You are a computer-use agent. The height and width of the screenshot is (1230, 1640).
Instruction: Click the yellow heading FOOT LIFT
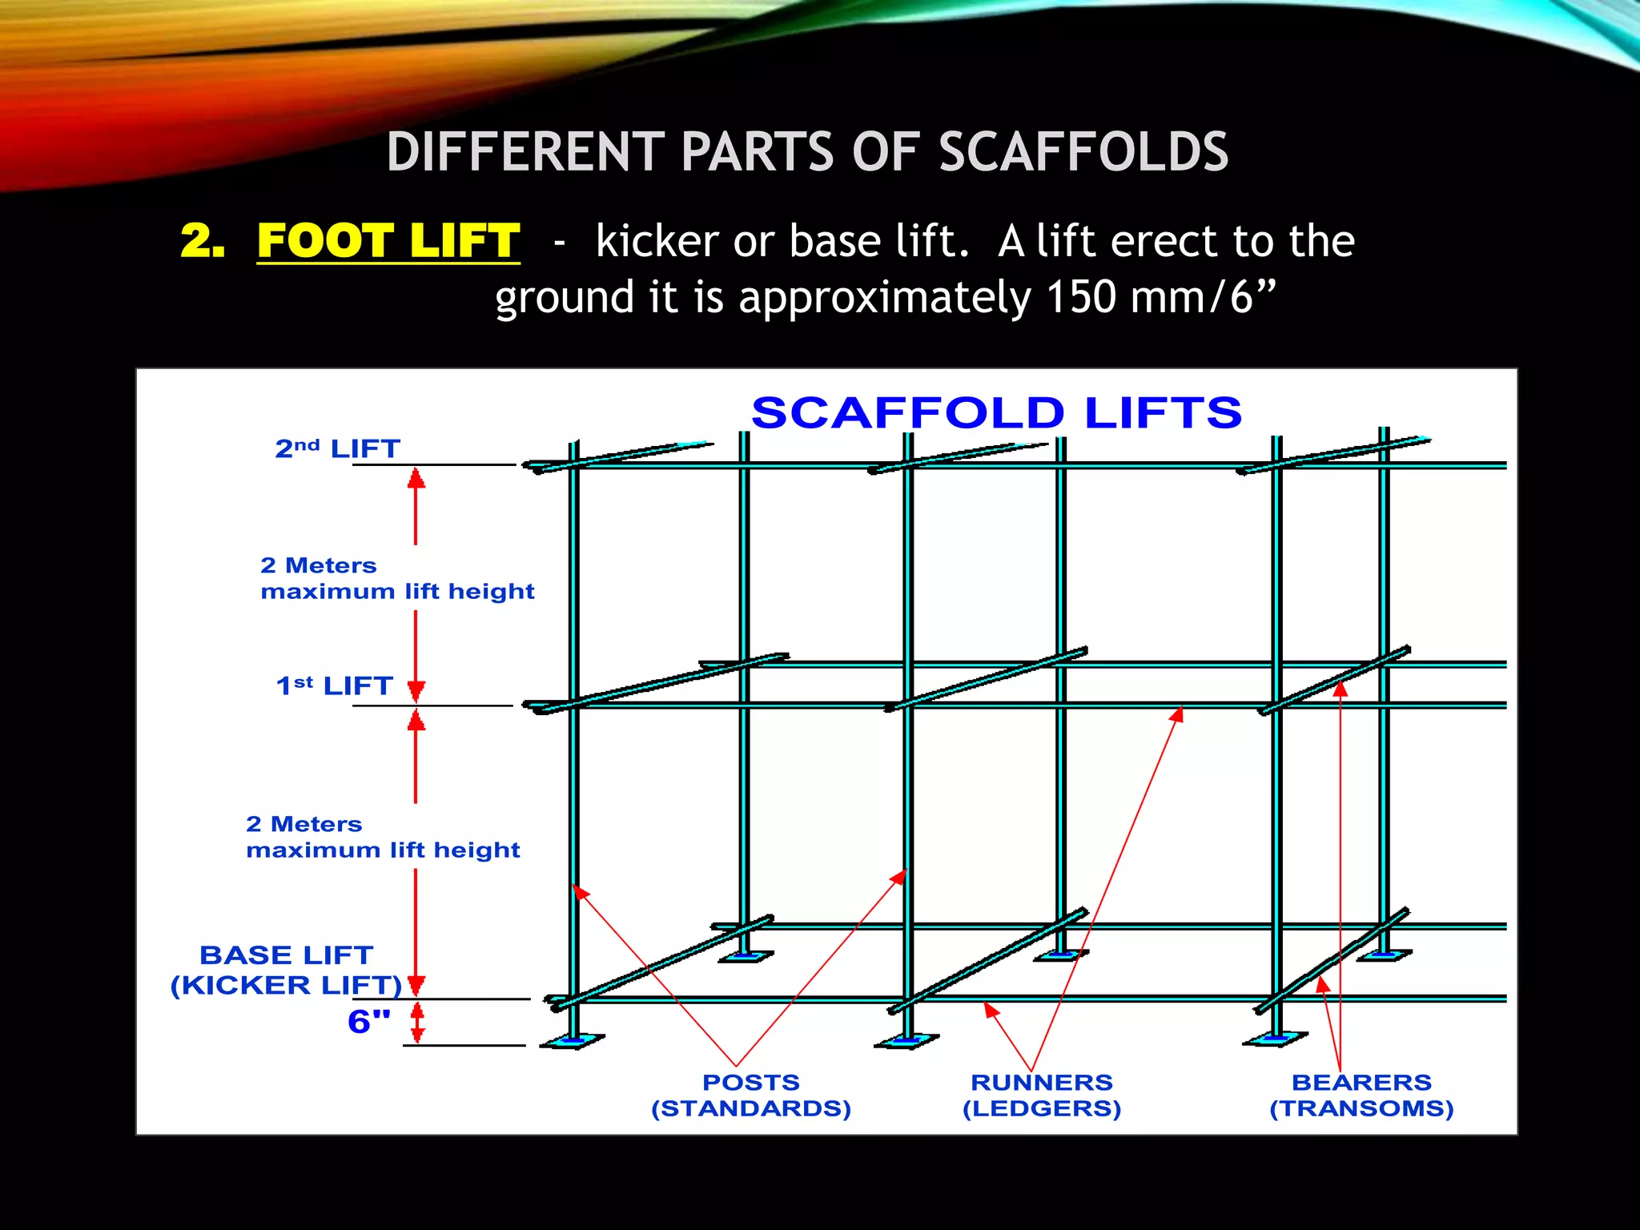point(388,240)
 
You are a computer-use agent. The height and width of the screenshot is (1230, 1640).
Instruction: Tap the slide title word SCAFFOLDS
point(1083,152)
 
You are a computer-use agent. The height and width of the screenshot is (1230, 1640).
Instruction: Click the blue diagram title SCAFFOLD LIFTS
point(996,413)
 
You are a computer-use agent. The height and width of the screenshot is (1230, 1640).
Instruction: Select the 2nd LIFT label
point(337,448)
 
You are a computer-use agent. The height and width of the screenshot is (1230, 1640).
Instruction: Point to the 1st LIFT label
point(334,685)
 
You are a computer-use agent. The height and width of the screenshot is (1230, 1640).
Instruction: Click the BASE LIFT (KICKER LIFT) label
point(287,970)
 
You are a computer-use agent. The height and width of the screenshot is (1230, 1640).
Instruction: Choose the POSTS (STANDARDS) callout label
point(751,1095)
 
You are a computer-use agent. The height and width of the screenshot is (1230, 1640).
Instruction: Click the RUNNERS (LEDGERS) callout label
point(1042,1095)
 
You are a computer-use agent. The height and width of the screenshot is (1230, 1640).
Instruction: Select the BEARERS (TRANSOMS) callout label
point(1361,1095)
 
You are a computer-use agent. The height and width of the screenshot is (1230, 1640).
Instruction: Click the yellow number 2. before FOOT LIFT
point(202,240)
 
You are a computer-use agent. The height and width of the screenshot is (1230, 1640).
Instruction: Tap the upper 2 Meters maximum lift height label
point(397,578)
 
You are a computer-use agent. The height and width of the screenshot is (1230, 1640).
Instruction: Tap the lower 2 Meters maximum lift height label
point(383,837)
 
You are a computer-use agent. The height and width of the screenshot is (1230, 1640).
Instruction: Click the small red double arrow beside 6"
point(416,1023)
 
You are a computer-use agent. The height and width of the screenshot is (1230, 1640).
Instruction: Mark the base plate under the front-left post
point(573,1041)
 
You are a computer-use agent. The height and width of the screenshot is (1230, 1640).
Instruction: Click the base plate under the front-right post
point(1275,1039)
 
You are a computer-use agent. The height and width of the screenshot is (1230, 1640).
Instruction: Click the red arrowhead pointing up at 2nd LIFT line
point(416,478)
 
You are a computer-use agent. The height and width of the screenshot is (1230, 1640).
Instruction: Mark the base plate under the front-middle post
point(906,1041)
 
